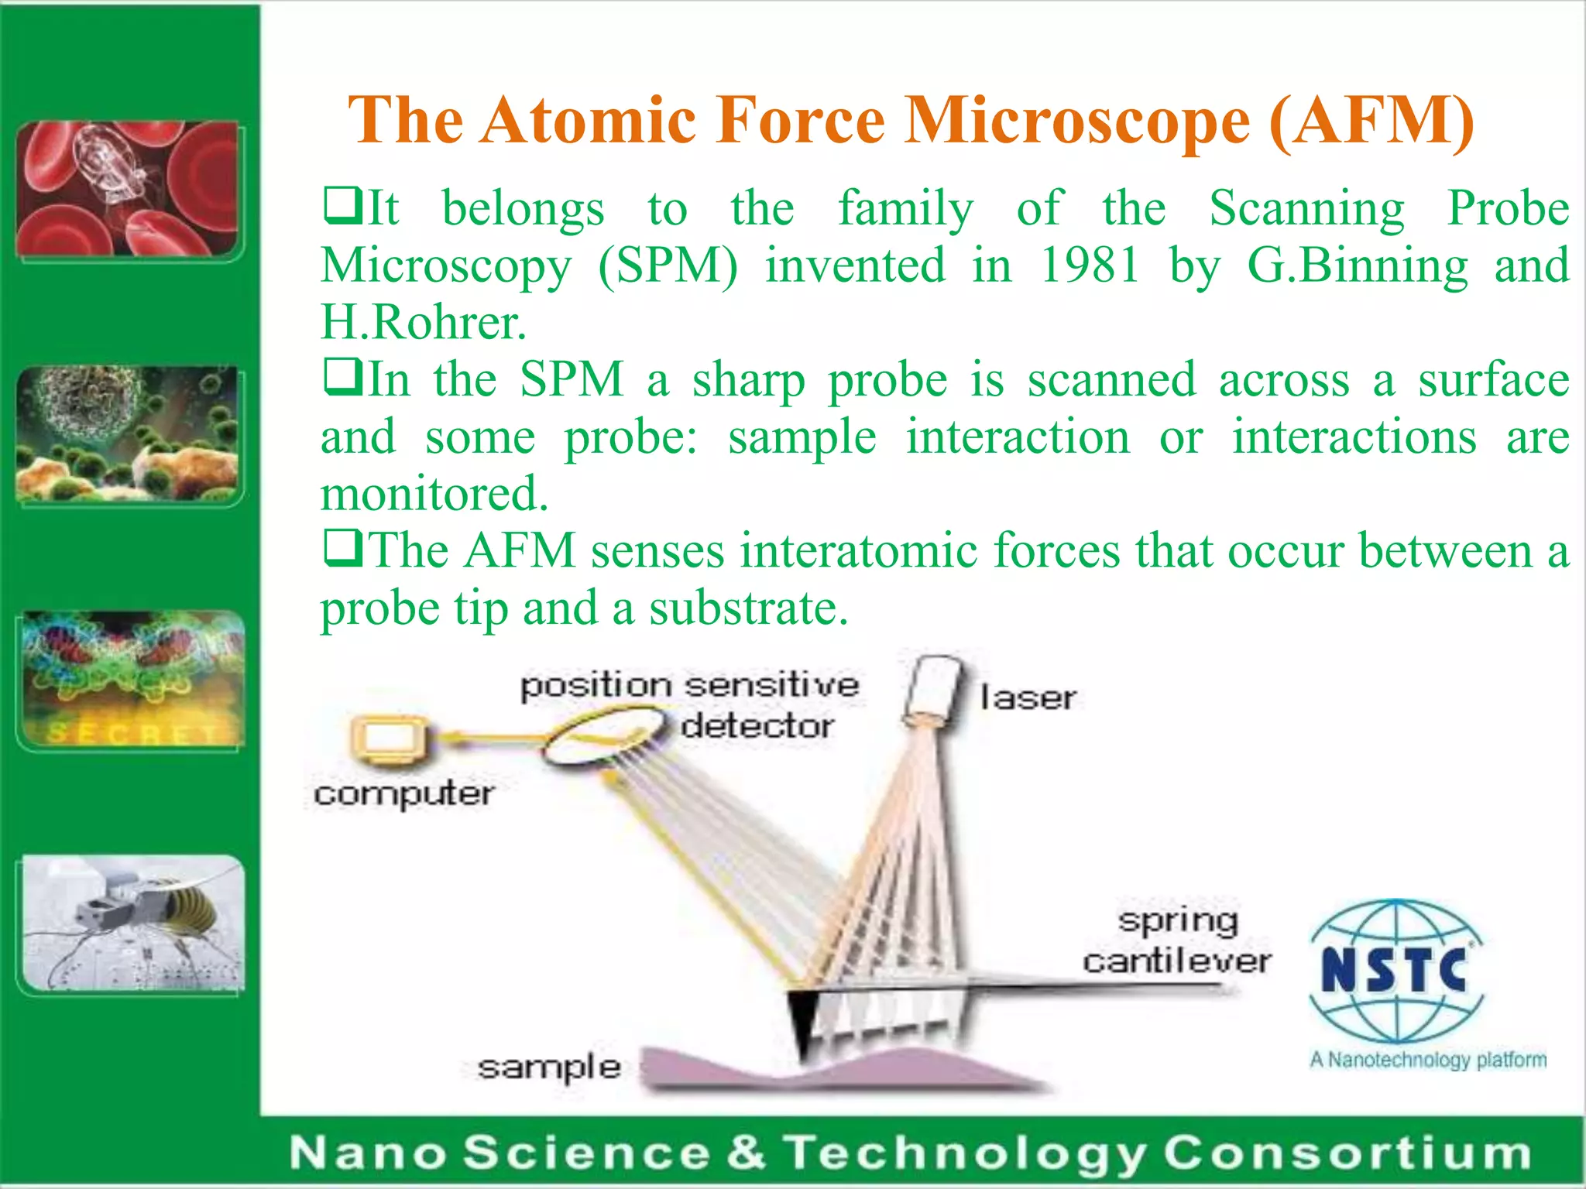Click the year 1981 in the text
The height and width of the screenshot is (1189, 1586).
click(x=1089, y=266)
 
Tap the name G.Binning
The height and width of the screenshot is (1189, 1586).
click(x=1357, y=266)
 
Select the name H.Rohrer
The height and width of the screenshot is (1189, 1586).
click(x=423, y=323)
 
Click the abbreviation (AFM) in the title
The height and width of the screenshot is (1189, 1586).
click(x=1371, y=120)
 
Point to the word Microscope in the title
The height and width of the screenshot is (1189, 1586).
click(x=1077, y=120)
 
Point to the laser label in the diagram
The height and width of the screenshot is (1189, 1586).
click(x=1027, y=697)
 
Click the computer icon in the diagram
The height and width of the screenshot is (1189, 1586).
click(x=390, y=739)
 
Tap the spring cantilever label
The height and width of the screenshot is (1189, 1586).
click(x=1177, y=941)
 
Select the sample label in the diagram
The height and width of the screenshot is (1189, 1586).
click(x=549, y=1067)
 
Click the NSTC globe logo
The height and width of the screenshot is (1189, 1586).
click(x=1395, y=971)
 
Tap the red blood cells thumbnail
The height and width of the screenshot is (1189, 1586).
click(x=128, y=189)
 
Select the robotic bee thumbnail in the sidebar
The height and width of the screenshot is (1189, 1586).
click(x=132, y=923)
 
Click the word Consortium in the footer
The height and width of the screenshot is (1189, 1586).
click(x=1347, y=1153)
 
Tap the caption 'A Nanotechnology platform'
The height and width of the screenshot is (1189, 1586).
click(x=1427, y=1059)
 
